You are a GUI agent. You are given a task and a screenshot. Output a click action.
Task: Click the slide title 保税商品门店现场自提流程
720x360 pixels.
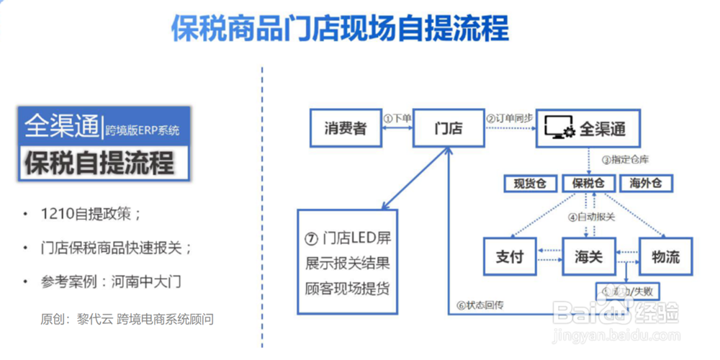(x=340, y=29)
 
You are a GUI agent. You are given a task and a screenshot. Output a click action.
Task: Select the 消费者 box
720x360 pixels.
(x=345, y=129)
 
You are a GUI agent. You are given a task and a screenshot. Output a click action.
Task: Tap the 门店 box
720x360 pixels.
(x=449, y=129)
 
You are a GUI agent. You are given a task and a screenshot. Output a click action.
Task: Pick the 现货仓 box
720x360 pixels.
(x=530, y=184)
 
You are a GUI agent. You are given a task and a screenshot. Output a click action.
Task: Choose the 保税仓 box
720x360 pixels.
(x=588, y=184)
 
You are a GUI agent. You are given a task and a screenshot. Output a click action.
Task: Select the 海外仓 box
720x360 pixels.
(x=646, y=184)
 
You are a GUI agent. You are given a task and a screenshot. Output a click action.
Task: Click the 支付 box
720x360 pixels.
(x=509, y=256)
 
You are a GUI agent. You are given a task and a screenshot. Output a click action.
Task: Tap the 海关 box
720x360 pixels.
(x=588, y=256)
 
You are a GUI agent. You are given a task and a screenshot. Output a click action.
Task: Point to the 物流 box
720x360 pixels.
(x=665, y=256)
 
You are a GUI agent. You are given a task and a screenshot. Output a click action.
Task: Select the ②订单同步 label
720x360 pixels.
(x=510, y=117)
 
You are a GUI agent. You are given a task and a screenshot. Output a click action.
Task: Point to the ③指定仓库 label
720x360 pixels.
(x=625, y=159)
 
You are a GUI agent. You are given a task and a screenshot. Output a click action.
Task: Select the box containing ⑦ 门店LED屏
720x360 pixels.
(x=347, y=261)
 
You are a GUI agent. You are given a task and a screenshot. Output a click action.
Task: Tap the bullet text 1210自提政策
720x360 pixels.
(x=91, y=215)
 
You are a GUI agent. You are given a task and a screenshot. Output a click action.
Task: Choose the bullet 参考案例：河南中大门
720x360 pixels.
(x=111, y=281)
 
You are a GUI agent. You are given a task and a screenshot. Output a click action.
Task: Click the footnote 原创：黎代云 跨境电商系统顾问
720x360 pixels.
(x=127, y=318)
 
